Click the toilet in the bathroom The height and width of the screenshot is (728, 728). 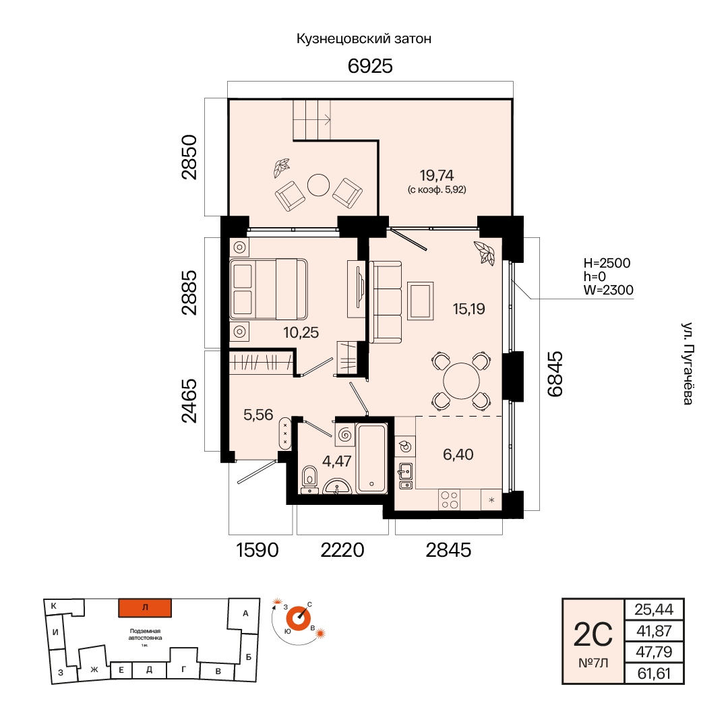pyautogui.click(x=309, y=477)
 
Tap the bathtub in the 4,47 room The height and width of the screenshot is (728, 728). pyautogui.click(x=371, y=458)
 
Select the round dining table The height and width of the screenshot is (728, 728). pyautogui.click(x=461, y=381)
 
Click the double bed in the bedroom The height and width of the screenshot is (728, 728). pyautogui.click(x=268, y=289)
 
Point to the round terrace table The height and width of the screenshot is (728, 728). pyautogui.click(x=318, y=185)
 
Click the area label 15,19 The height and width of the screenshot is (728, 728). pyautogui.click(x=469, y=309)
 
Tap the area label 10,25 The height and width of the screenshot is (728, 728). pyautogui.click(x=301, y=332)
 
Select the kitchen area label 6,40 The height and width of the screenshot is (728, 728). pyautogui.click(x=458, y=454)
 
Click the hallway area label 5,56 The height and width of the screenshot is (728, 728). pyautogui.click(x=258, y=415)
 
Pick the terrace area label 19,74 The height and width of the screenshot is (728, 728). pyautogui.click(x=436, y=175)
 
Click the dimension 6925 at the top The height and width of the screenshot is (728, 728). pyautogui.click(x=370, y=66)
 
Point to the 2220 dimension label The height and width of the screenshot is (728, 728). pyautogui.click(x=342, y=550)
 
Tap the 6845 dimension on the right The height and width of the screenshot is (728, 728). pyautogui.click(x=555, y=373)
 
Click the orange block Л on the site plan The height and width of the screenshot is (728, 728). pyautogui.click(x=145, y=608)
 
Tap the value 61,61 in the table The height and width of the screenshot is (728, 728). pyautogui.click(x=654, y=673)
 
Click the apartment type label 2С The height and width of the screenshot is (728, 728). pyautogui.click(x=593, y=635)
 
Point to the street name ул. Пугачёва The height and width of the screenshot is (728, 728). pyautogui.click(x=688, y=363)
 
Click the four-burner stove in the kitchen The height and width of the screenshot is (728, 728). pyautogui.click(x=450, y=499)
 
